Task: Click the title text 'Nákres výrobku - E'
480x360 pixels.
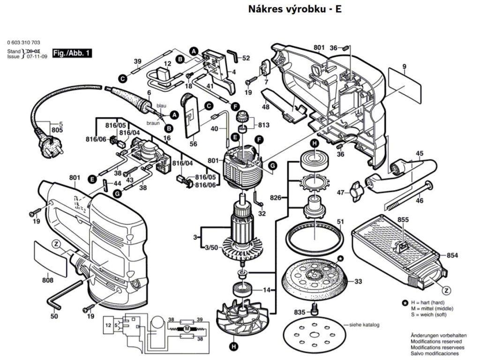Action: [x=291, y=9]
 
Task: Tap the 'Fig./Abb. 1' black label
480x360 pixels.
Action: [x=72, y=53]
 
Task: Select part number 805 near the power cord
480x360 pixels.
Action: [x=57, y=130]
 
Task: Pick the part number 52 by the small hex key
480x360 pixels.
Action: [x=246, y=58]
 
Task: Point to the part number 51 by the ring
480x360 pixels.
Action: [x=340, y=222]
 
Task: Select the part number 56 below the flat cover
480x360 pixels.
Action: [x=193, y=144]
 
